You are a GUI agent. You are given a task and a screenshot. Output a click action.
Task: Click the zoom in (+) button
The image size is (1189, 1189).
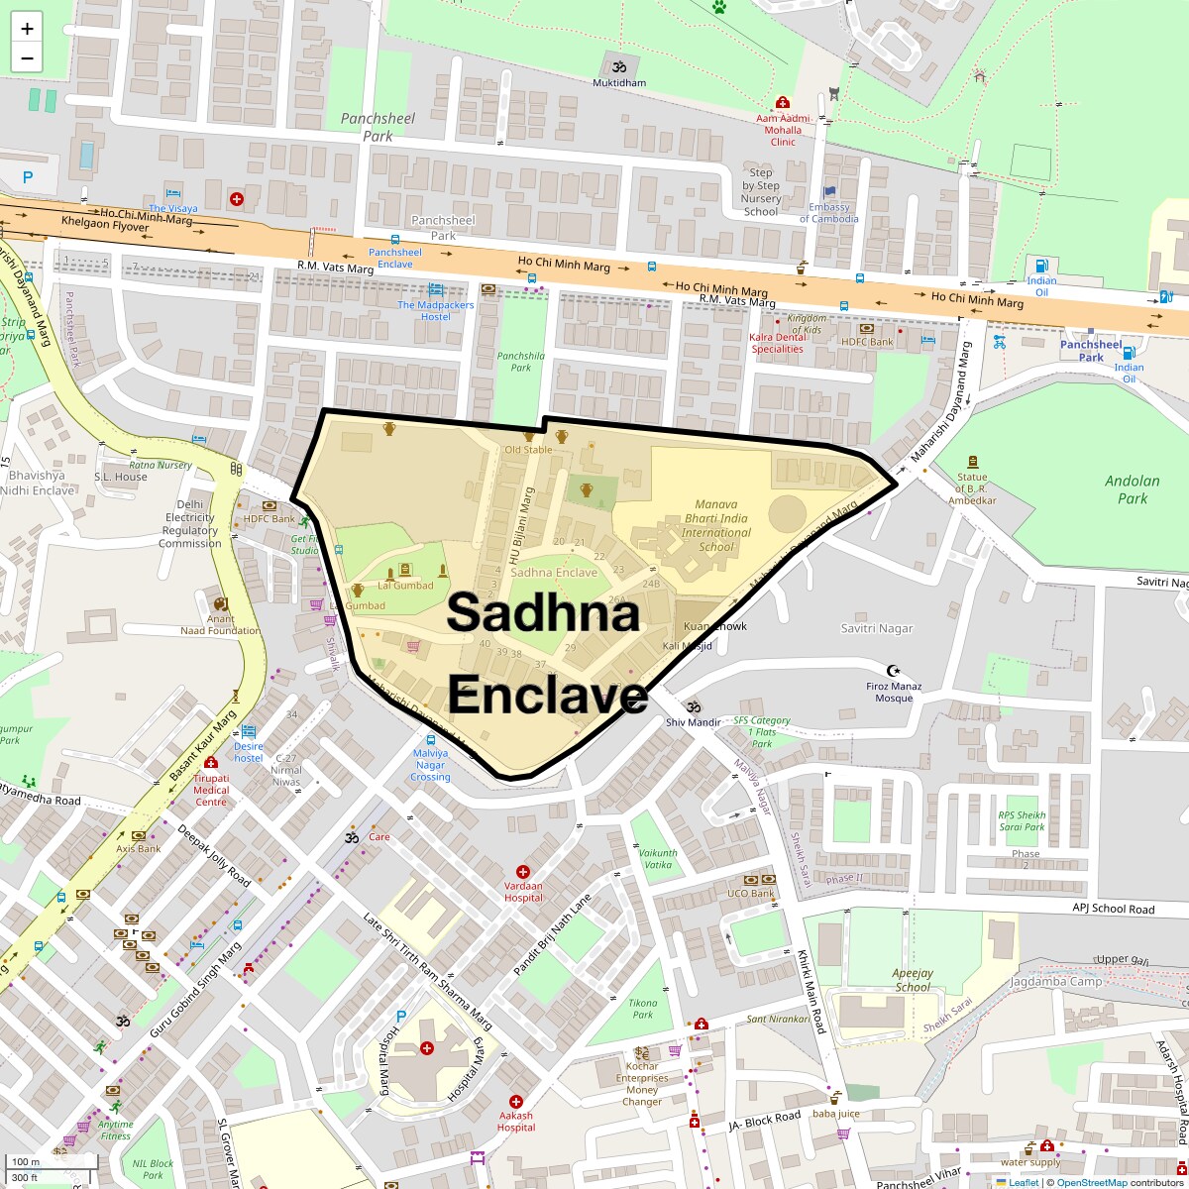(x=27, y=29)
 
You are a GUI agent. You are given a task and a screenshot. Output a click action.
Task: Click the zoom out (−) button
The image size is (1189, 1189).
(x=27, y=58)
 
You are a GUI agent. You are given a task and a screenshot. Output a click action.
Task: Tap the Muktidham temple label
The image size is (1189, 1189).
(x=619, y=83)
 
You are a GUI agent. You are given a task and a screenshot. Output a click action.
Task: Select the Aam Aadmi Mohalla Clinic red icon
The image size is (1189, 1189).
(x=783, y=102)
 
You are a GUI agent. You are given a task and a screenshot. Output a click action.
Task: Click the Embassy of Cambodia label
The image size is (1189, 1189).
(x=829, y=213)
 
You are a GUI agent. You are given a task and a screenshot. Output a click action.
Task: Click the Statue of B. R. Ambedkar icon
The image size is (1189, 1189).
(x=972, y=462)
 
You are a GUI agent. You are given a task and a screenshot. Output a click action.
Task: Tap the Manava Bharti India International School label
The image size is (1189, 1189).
(x=715, y=525)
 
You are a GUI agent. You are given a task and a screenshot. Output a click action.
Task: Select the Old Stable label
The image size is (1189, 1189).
(x=528, y=450)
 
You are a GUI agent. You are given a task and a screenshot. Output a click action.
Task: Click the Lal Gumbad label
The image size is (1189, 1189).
(x=405, y=586)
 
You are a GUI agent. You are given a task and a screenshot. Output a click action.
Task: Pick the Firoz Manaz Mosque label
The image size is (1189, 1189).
(x=894, y=692)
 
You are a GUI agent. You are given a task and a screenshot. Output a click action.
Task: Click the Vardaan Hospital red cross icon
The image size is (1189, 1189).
(x=523, y=871)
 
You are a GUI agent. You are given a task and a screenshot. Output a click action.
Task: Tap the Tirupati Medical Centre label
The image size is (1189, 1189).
(x=211, y=790)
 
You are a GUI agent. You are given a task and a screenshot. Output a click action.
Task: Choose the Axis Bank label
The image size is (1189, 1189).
(x=139, y=849)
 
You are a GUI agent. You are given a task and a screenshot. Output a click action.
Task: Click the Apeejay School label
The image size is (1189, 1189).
(x=913, y=980)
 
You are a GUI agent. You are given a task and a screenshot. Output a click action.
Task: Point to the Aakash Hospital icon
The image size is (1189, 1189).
(x=516, y=1102)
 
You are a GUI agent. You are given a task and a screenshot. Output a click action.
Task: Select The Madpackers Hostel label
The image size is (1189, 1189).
(x=436, y=310)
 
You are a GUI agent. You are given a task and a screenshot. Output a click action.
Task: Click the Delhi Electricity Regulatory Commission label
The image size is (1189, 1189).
(x=190, y=524)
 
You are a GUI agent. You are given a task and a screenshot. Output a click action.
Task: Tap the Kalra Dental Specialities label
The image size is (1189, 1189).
(x=778, y=343)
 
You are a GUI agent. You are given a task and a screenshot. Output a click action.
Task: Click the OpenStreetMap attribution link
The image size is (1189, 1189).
(x=1091, y=1182)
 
